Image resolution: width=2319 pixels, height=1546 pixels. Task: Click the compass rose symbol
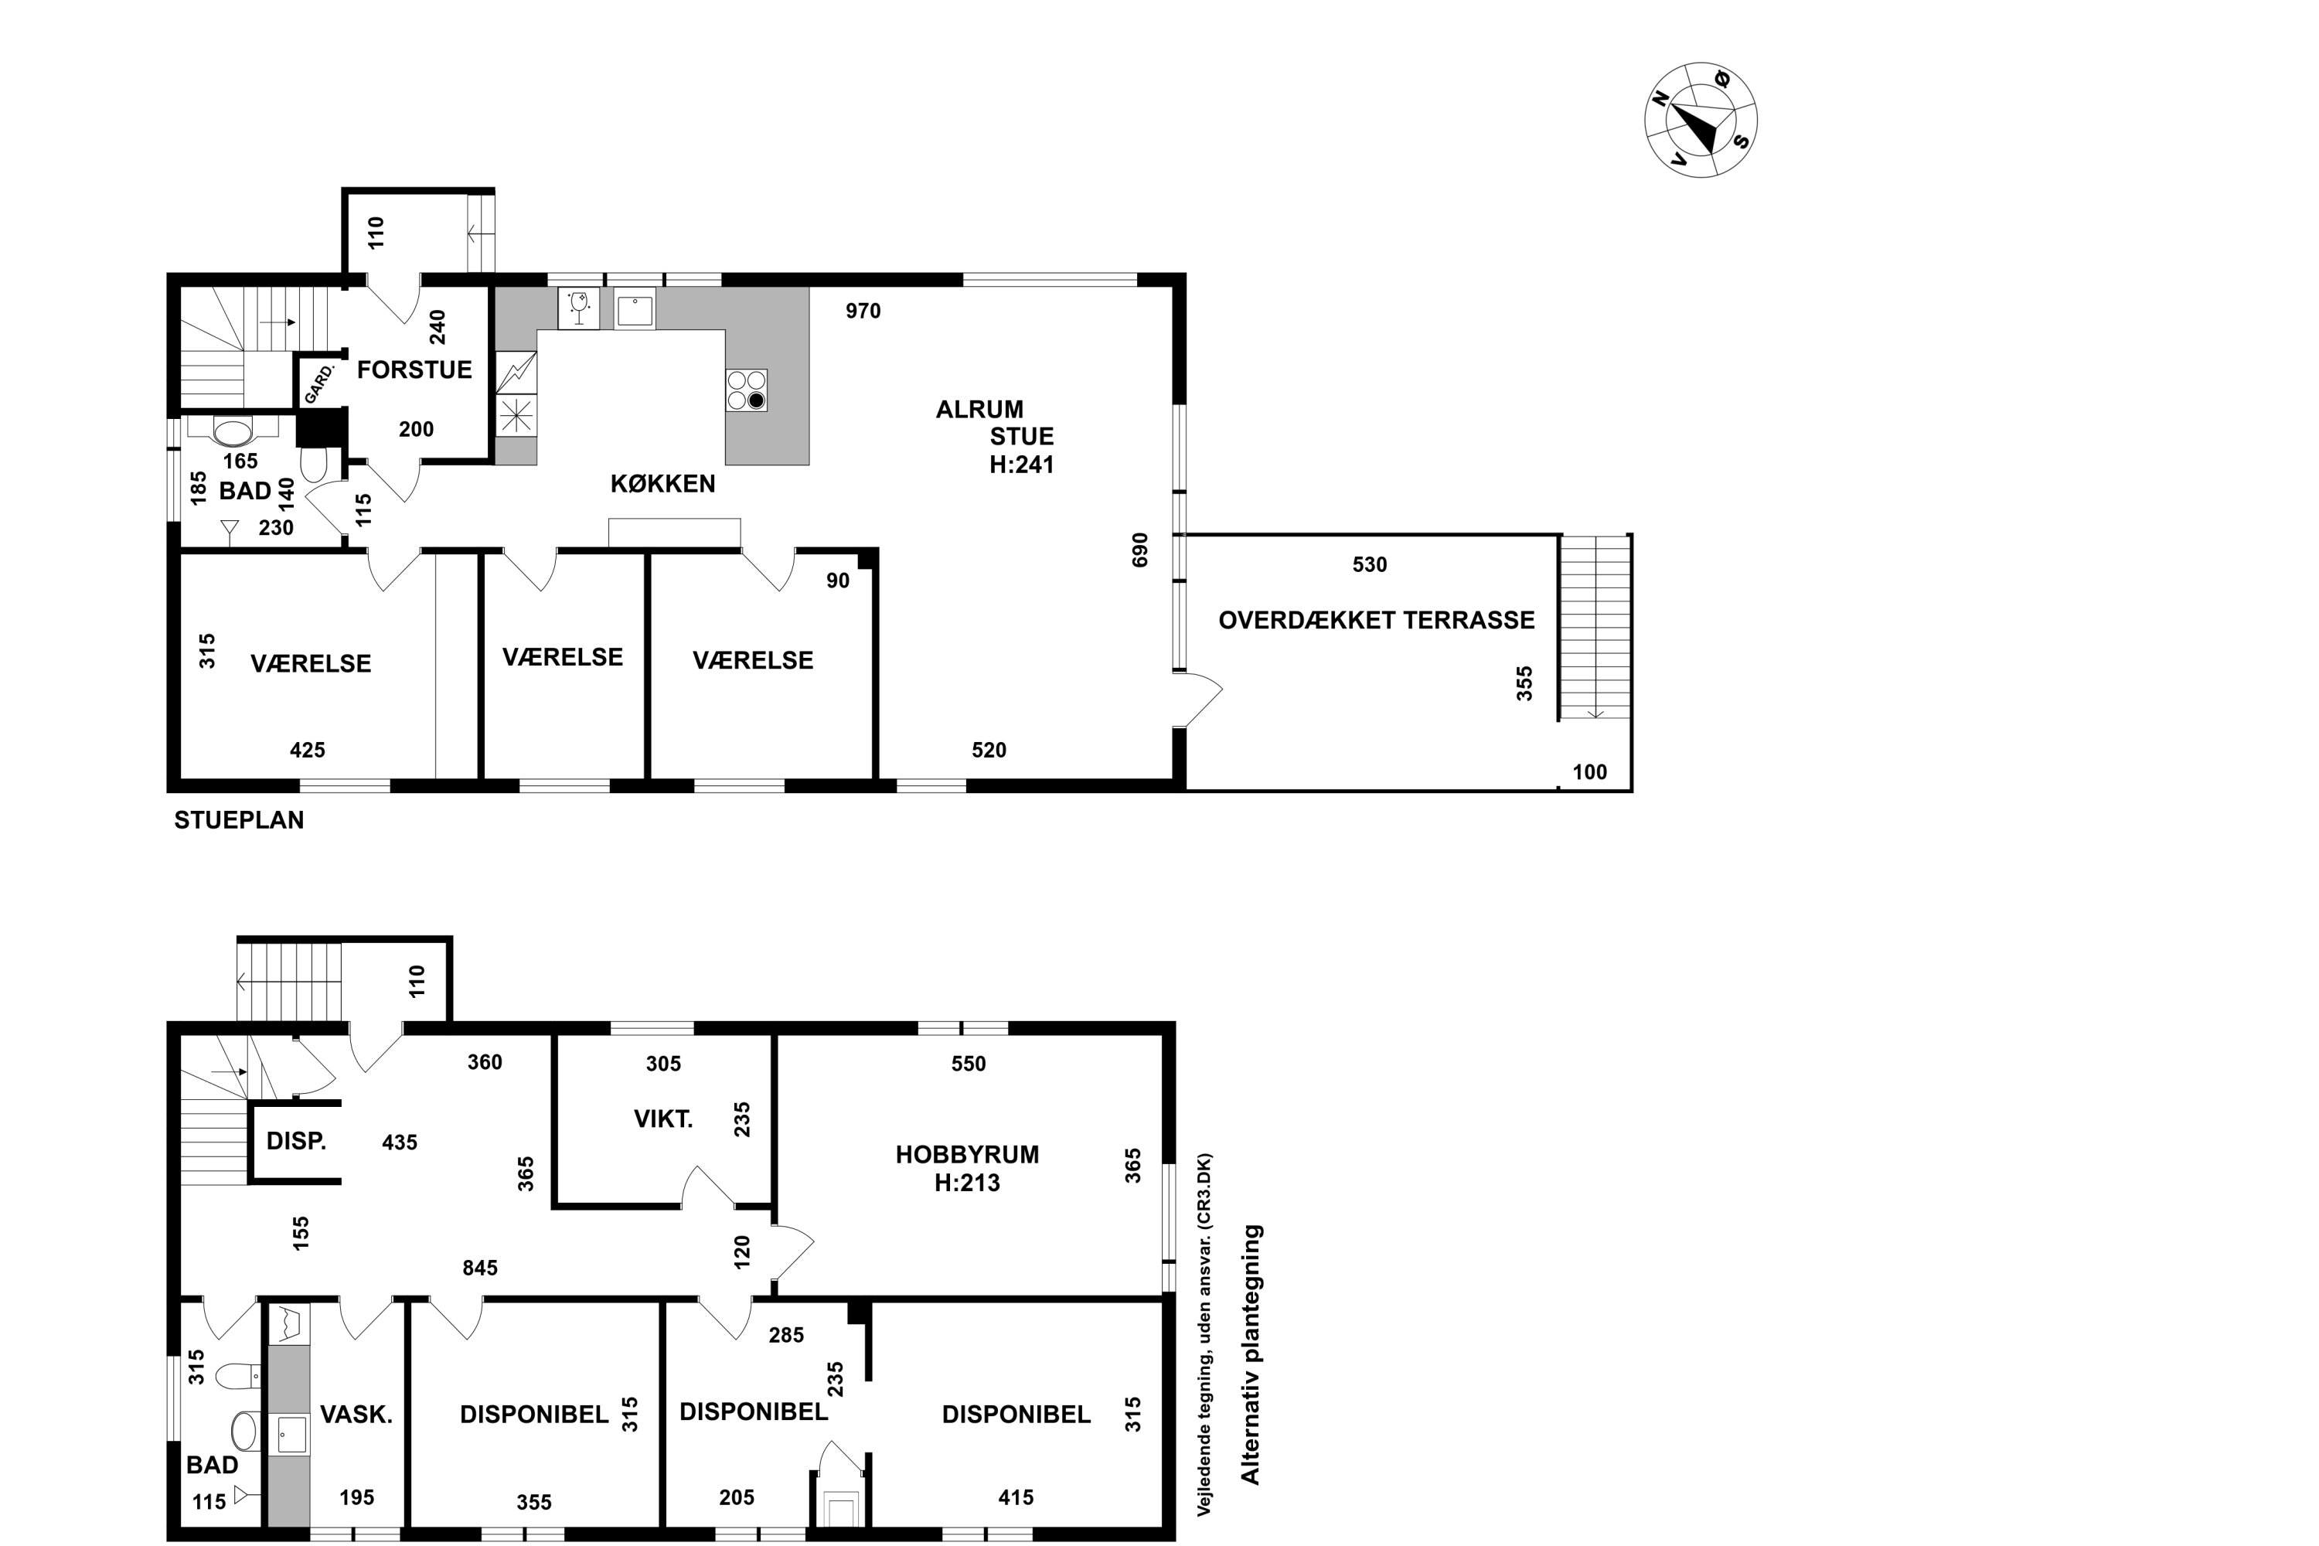(1701, 121)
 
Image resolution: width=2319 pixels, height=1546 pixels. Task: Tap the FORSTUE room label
(414, 369)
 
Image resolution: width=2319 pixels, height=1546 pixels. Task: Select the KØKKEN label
(662, 483)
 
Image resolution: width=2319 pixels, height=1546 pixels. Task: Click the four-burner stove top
(747, 390)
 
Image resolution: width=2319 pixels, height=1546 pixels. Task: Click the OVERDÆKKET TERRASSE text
(1377, 620)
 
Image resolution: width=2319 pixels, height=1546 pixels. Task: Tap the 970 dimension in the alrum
(863, 311)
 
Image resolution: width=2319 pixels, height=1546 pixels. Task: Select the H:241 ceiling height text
(1021, 465)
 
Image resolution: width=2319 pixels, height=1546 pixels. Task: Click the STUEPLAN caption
(239, 820)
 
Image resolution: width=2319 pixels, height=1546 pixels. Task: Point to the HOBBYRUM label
(967, 1155)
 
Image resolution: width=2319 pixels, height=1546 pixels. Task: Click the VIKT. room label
(662, 1119)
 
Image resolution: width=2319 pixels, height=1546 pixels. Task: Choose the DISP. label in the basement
(296, 1141)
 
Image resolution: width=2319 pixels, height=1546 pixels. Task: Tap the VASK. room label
(356, 1415)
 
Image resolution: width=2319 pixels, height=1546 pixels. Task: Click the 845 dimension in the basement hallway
(480, 1268)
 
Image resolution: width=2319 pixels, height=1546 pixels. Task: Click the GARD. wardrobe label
(319, 383)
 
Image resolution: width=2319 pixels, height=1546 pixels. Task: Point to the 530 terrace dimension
(1370, 565)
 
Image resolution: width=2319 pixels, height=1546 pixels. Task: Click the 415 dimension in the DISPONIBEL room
(1016, 1498)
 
